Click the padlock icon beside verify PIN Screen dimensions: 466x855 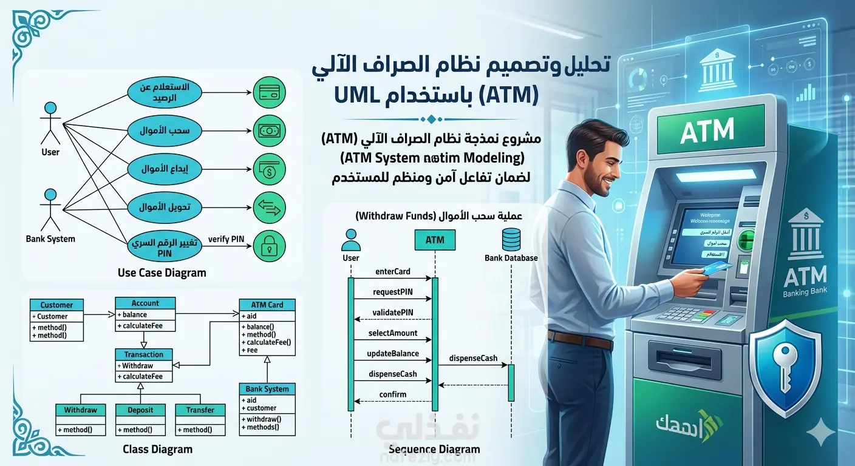269,246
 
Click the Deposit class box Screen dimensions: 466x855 140,419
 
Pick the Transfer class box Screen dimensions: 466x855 200,419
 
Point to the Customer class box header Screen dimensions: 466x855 56,305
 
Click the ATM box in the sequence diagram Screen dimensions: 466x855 435,240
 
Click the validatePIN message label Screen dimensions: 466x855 393,312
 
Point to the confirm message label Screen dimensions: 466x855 393,394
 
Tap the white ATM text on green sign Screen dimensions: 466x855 707,130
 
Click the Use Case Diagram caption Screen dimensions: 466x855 162,272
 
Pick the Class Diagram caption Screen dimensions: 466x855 157,450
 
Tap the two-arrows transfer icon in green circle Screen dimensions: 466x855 269,207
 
